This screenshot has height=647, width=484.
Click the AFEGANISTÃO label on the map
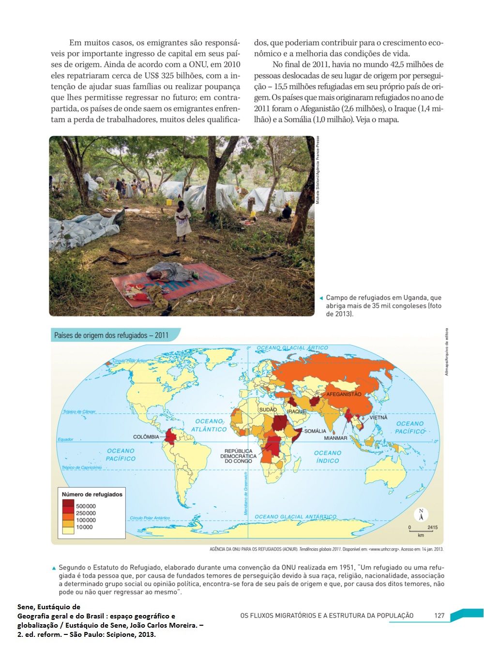point(344,394)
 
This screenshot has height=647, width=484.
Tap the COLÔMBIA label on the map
point(146,436)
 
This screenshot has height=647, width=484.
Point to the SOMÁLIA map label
point(315,431)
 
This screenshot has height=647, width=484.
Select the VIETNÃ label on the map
point(378,417)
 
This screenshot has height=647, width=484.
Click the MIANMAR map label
point(335,438)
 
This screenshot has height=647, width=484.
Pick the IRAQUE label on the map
point(297,411)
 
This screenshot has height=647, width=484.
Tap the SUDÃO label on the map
point(268,409)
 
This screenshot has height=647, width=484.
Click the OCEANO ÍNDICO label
point(328,457)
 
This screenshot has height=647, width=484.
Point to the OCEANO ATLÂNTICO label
point(209,425)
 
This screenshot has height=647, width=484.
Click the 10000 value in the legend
point(84,527)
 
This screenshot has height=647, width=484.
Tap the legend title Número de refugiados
point(92,494)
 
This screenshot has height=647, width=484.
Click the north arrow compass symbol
point(421,514)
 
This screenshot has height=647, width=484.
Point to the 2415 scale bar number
point(432,527)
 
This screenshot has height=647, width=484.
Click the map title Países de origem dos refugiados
point(111,335)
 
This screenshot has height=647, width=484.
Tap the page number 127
point(439,616)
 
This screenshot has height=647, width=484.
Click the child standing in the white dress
point(182,221)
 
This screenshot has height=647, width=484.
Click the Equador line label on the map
point(65,439)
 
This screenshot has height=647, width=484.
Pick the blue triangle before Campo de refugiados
point(321,298)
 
